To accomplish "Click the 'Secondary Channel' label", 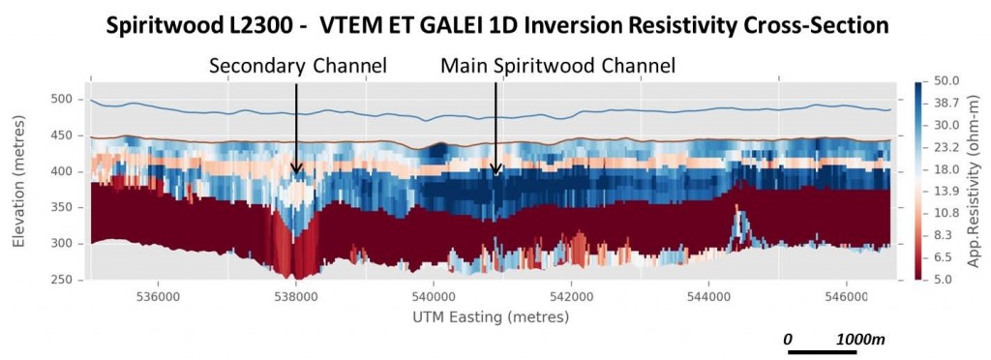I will (298, 66).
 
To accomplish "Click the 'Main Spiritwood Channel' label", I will (557, 66).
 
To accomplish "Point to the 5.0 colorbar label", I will (943, 280).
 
